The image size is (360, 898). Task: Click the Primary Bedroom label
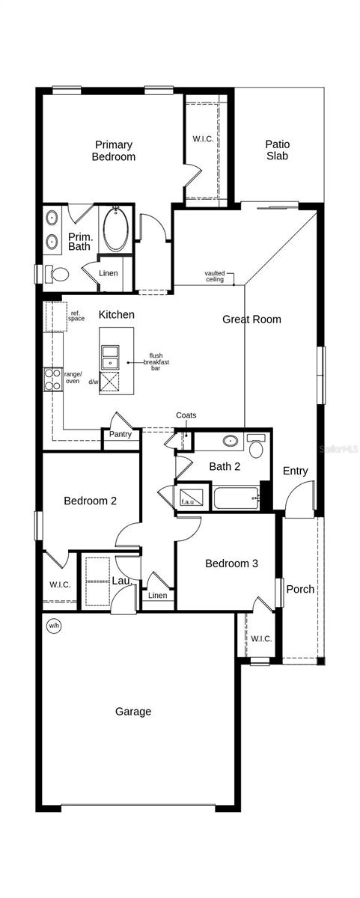click(x=114, y=150)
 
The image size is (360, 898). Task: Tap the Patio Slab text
click(x=277, y=150)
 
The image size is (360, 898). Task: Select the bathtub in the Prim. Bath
click(x=116, y=229)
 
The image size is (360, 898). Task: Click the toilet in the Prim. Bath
click(x=56, y=273)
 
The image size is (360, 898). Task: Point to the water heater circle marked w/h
click(x=53, y=626)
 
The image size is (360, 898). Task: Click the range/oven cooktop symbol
click(x=53, y=380)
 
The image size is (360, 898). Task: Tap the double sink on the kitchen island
click(x=111, y=355)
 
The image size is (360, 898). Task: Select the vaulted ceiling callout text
click(x=215, y=276)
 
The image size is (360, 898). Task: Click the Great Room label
click(x=251, y=320)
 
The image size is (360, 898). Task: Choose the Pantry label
click(x=120, y=434)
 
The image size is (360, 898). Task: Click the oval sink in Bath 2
click(x=231, y=441)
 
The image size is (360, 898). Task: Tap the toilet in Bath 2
click(x=255, y=447)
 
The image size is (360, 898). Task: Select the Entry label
click(x=295, y=471)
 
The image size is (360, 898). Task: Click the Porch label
click(x=300, y=589)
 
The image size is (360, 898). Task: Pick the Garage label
click(x=133, y=712)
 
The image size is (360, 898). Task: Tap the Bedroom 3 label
click(x=232, y=563)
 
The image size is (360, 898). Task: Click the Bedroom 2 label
click(x=90, y=501)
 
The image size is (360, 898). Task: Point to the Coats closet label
click(x=186, y=415)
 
